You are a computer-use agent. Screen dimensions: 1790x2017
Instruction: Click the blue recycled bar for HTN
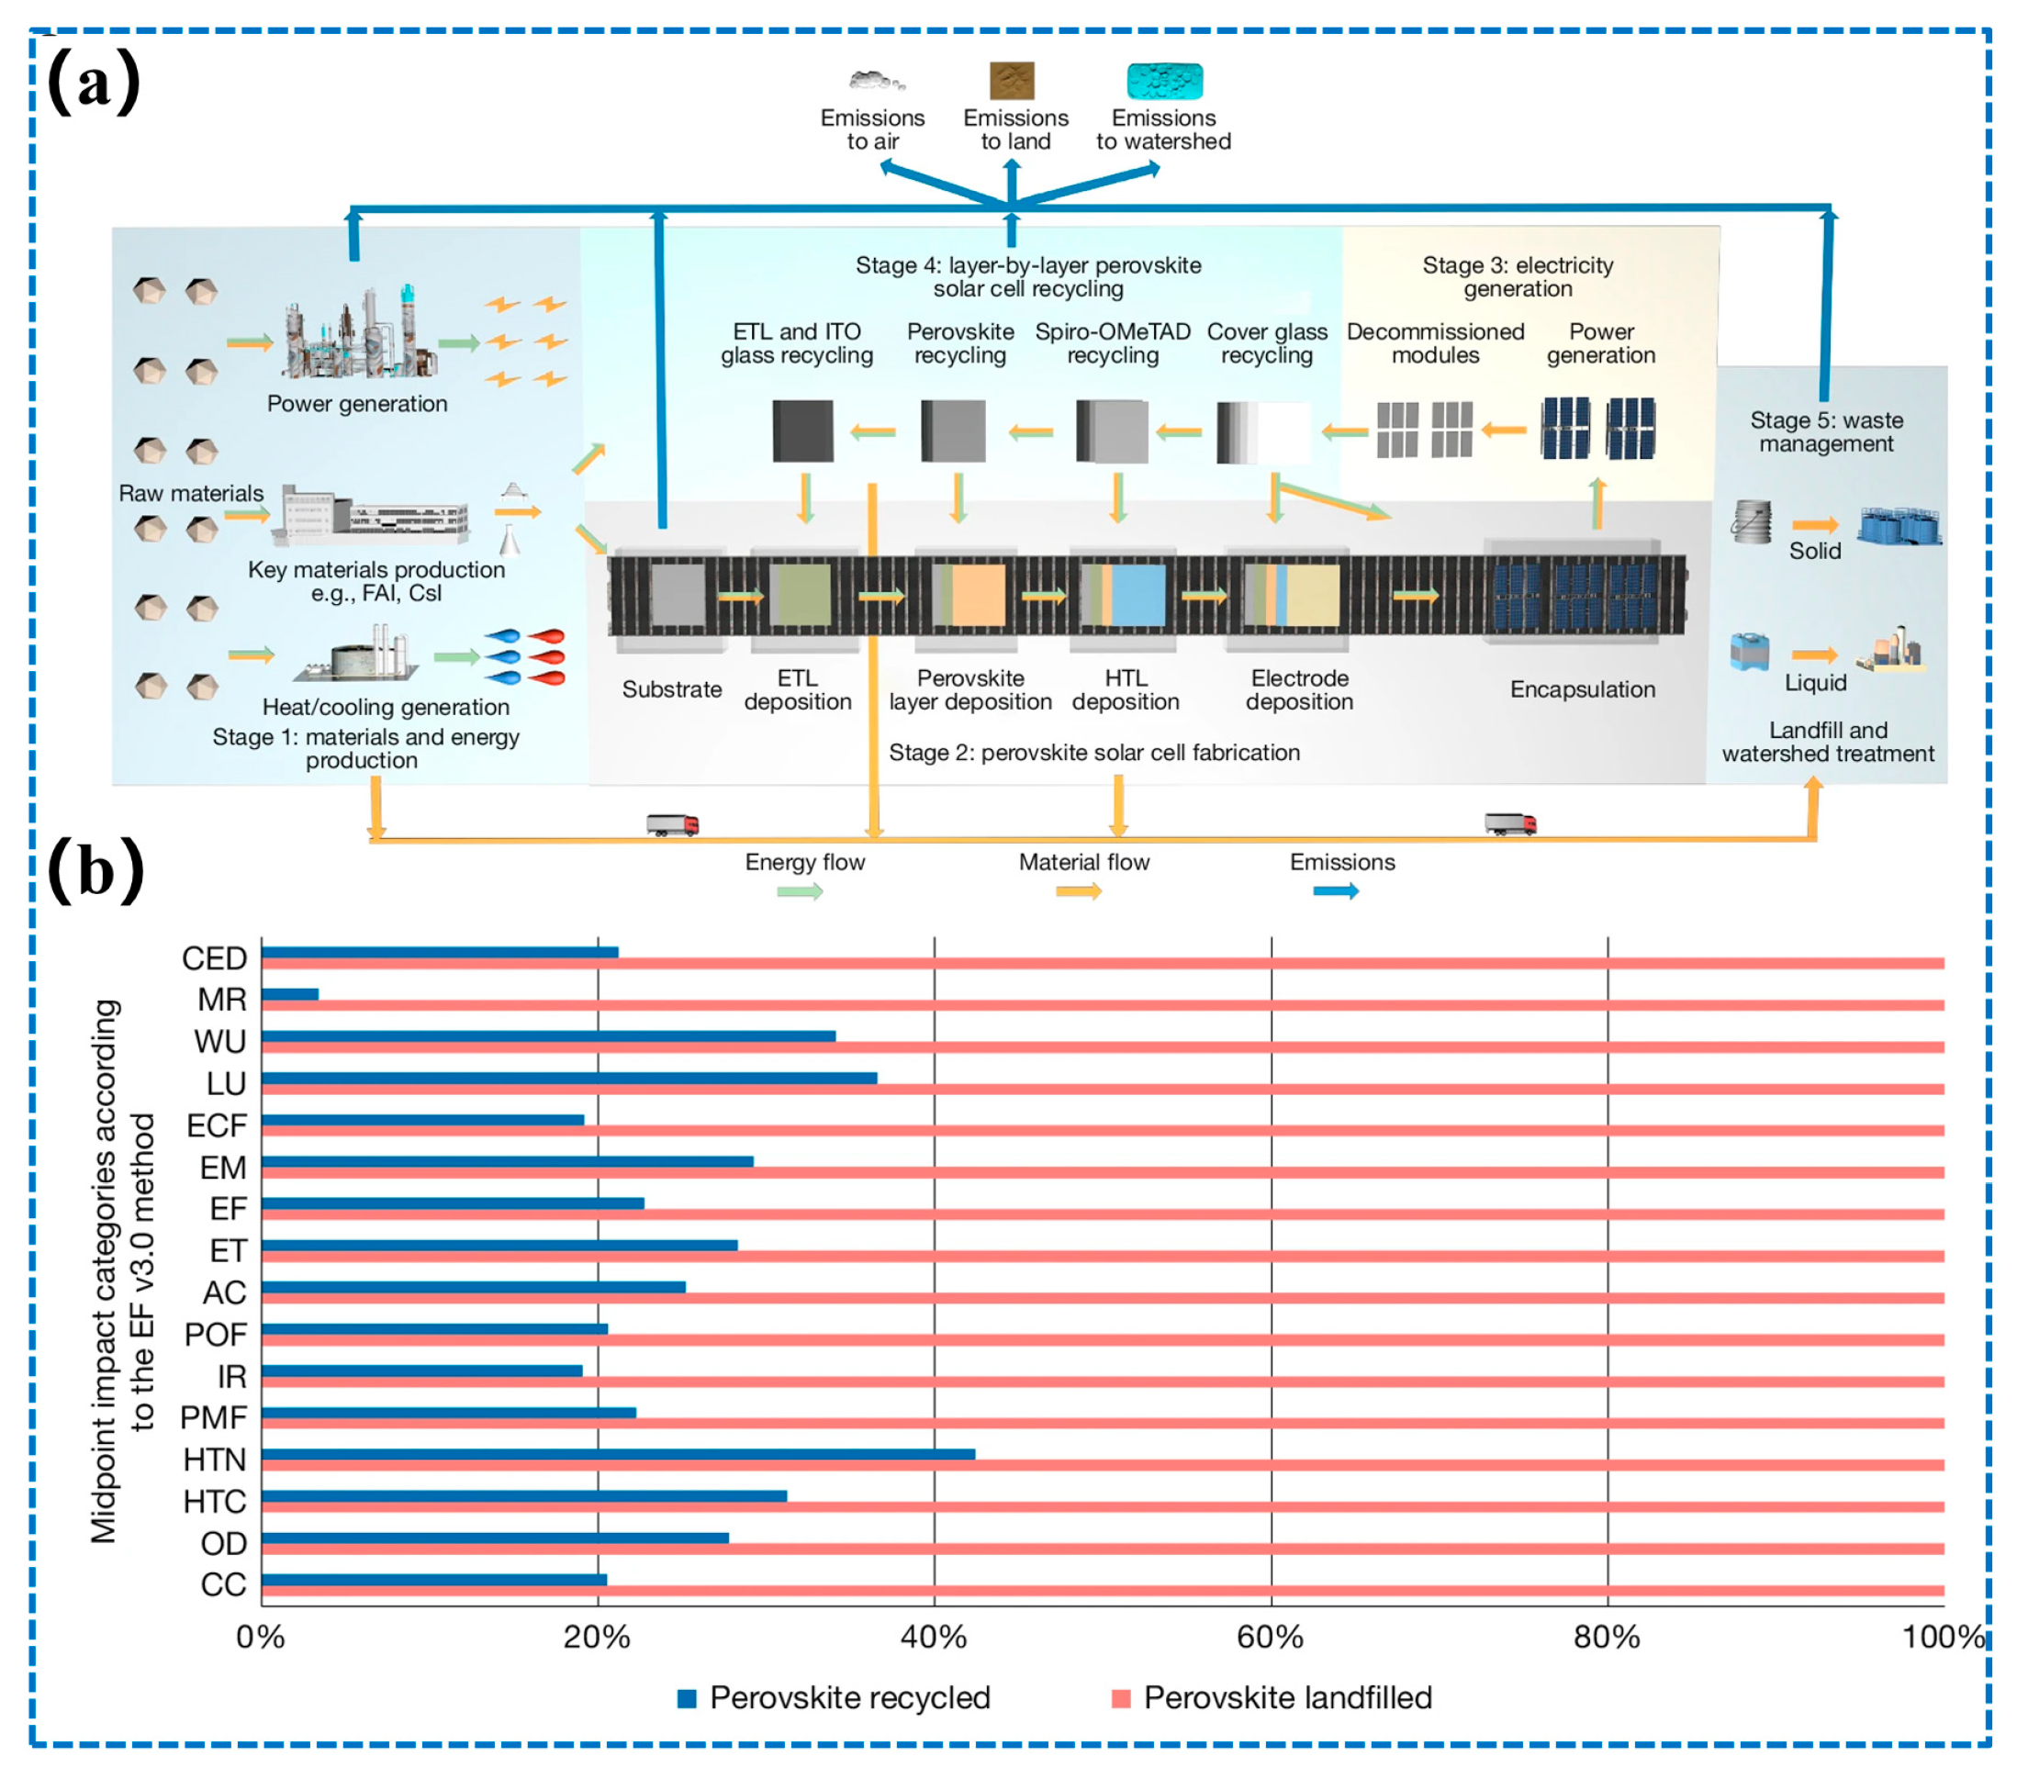(618, 1453)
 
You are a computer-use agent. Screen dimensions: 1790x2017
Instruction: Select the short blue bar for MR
(289, 993)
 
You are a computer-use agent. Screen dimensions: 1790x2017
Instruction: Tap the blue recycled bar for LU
(568, 1078)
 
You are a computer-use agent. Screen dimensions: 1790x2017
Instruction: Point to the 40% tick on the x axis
(934, 1637)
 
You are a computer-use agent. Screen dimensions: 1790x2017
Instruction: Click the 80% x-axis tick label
(1607, 1637)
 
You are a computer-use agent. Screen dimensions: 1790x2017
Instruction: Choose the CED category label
(214, 958)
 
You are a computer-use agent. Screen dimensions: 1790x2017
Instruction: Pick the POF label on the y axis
(215, 1334)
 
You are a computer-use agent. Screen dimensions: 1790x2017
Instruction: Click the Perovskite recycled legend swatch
(687, 1698)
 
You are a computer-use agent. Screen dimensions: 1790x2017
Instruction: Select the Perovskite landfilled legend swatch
(1120, 1698)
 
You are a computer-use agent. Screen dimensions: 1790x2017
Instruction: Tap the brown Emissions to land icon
(1012, 81)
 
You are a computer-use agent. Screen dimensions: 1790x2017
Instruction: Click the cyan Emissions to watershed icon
(1164, 81)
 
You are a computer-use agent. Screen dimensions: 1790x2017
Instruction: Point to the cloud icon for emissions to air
(875, 81)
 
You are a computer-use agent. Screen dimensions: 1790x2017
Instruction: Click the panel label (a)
(94, 83)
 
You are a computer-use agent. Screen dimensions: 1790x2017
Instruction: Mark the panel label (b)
(95, 870)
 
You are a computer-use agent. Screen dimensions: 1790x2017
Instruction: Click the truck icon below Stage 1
(672, 824)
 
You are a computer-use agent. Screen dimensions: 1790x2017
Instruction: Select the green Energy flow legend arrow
(800, 892)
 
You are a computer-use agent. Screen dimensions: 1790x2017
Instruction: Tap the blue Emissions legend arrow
(1336, 892)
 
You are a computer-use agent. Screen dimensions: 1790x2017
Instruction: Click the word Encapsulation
(1582, 688)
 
